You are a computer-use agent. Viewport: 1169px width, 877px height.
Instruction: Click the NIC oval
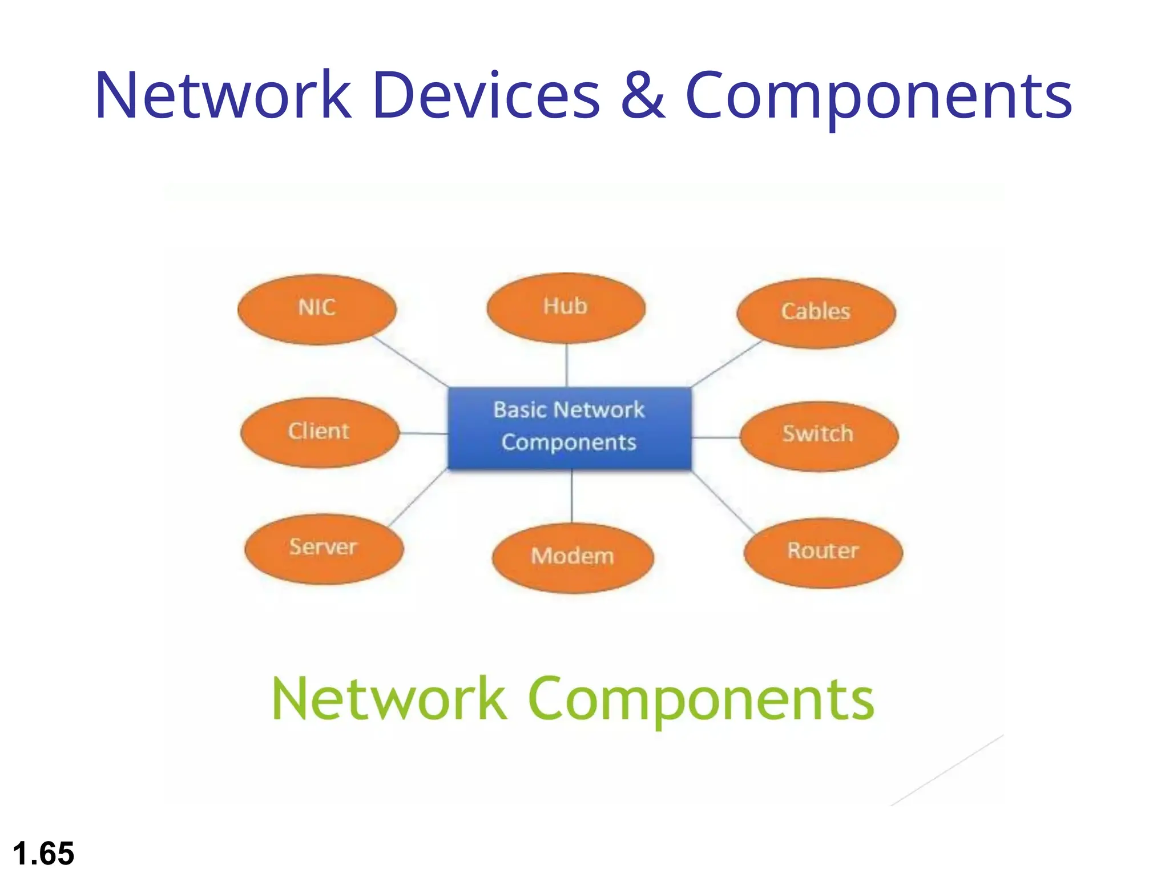point(317,309)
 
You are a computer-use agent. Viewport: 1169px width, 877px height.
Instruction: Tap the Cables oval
point(816,313)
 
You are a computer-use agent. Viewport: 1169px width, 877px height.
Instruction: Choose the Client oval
point(319,432)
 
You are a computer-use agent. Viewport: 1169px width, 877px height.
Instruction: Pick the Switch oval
point(819,436)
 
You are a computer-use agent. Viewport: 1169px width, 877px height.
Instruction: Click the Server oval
point(324,548)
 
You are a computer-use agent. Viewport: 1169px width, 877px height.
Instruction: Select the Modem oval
point(573,557)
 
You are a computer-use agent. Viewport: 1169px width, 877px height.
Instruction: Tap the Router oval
point(823,552)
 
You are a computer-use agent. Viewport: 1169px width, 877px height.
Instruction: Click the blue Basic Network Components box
point(569,428)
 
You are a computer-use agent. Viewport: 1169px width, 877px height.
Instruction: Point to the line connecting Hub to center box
point(566,365)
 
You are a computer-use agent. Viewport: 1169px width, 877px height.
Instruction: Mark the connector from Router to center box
point(723,502)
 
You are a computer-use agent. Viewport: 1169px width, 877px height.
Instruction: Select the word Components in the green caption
point(701,700)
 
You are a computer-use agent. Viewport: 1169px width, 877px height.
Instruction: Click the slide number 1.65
point(43,853)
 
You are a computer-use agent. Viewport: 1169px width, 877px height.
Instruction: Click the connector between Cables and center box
point(727,363)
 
